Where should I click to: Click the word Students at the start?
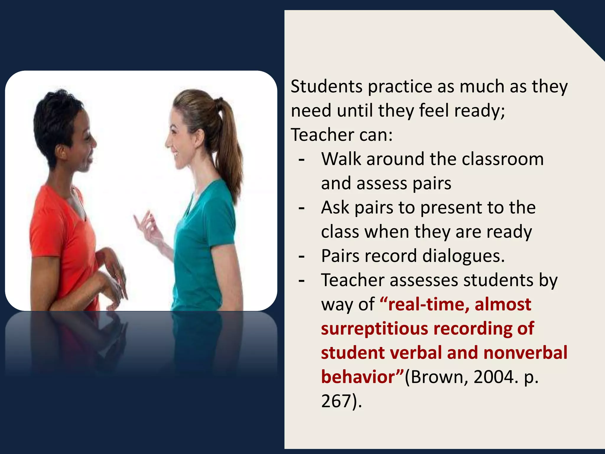coord(326,87)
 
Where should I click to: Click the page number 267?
coord(336,401)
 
